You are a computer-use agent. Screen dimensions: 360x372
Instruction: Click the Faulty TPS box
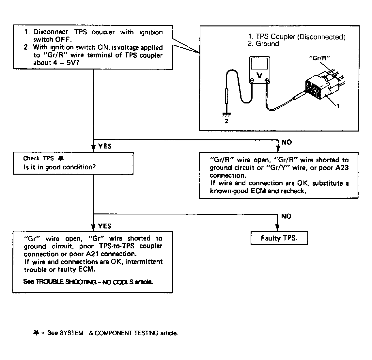pos(279,238)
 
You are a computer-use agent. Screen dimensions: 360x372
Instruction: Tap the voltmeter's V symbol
pos(260,75)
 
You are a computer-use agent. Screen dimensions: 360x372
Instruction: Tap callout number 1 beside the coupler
pos(338,106)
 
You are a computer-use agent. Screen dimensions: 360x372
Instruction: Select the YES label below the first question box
pos(104,146)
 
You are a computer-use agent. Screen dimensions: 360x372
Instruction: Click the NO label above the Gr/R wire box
pos(287,142)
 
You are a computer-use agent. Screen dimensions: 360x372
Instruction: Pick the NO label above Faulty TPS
pos(286,216)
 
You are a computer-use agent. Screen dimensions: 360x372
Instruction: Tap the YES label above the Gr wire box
pos(104,226)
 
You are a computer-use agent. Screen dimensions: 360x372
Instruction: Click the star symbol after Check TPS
pos(60,158)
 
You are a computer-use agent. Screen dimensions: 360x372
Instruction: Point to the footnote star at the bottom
pos(36,333)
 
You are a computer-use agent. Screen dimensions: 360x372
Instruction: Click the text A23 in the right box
pos(342,168)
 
